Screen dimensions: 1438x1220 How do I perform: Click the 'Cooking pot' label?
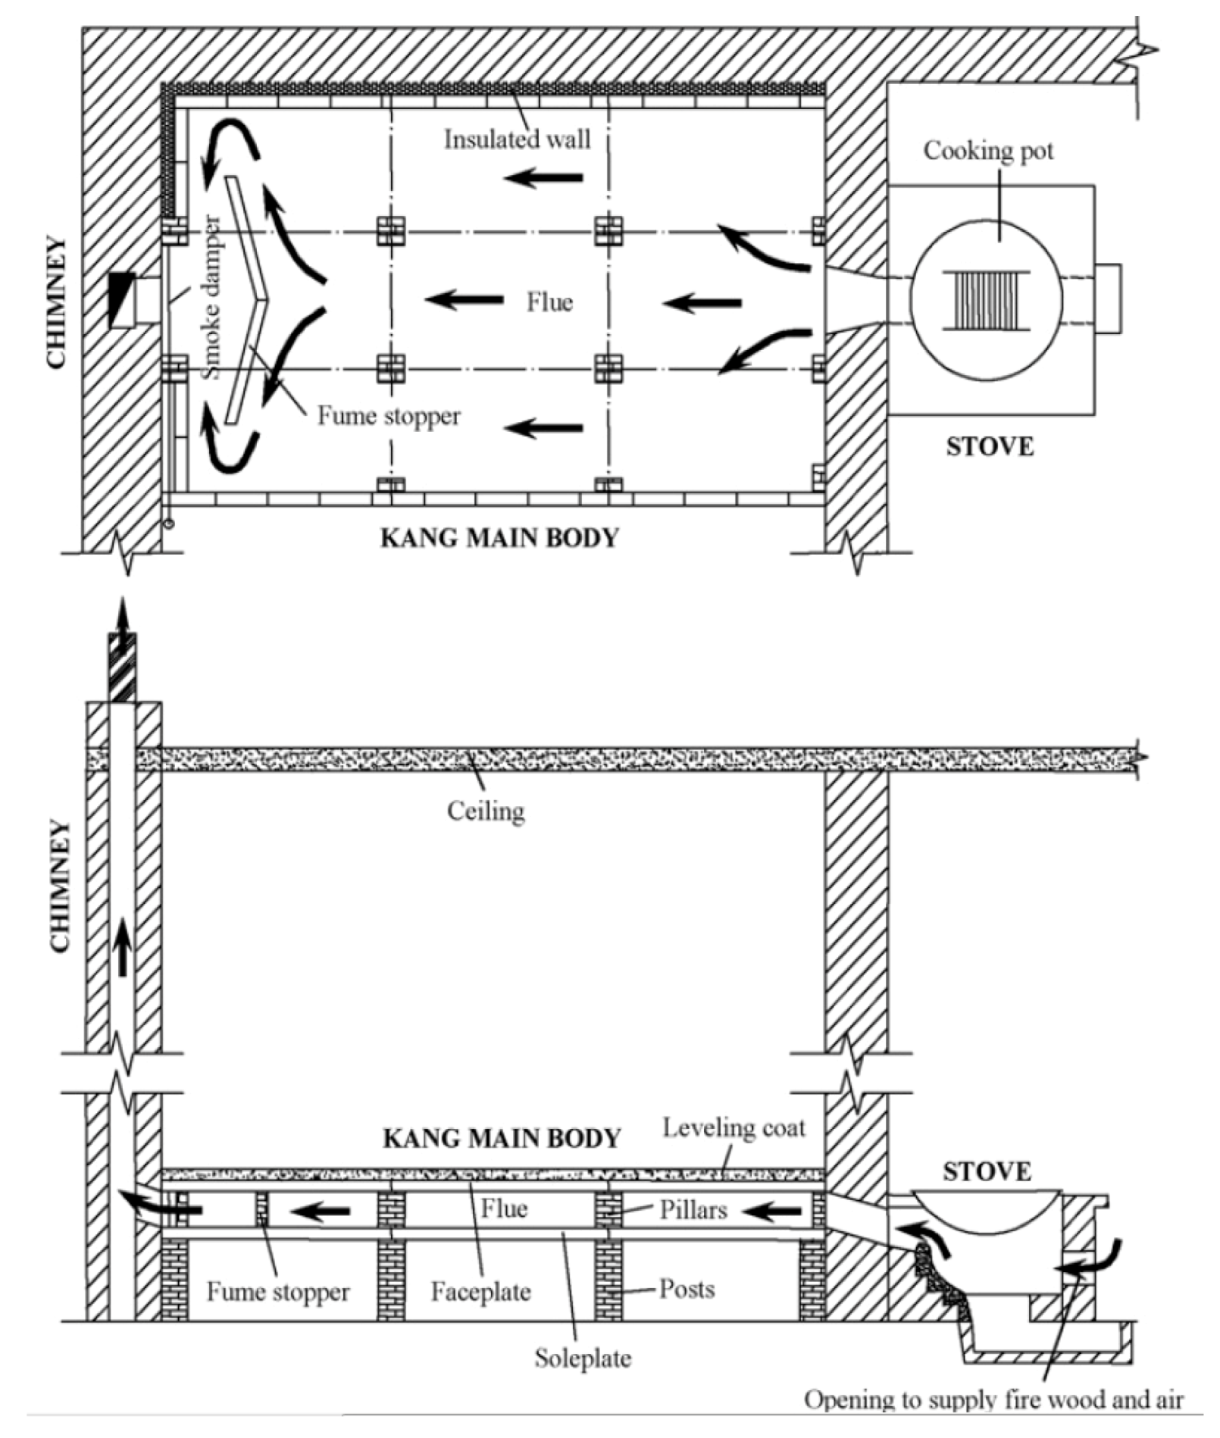click(987, 151)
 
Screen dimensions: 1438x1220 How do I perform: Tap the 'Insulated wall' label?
click(517, 139)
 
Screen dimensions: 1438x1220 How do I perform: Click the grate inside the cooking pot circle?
click(986, 301)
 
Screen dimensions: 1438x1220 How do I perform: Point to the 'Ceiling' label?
click(485, 811)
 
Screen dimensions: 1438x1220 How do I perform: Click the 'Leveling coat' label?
click(734, 1127)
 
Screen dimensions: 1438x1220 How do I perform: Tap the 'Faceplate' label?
click(480, 1291)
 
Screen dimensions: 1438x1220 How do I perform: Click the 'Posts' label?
click(687, 1288)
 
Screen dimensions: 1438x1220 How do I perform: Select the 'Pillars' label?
click(693, 1209)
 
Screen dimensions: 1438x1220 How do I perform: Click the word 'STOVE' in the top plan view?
click(990, 446)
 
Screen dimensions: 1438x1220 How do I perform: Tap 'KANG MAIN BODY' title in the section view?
click(502, 1138)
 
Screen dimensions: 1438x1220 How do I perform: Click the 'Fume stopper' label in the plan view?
click(388, 416)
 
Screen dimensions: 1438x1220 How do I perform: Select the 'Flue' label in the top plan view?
click(549, 302)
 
